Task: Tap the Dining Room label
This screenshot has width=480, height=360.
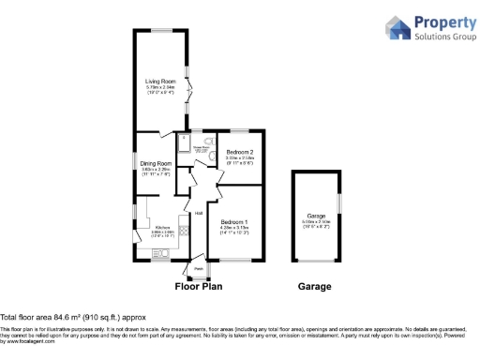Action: [x=155, y=164]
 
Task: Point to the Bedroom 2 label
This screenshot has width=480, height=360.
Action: [x=240, y=152]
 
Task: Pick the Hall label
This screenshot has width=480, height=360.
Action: [x=199, y=213]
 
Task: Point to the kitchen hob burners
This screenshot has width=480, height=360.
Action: [x=185, y=231]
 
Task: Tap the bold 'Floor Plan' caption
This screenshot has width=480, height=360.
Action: [x=200, y=287]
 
